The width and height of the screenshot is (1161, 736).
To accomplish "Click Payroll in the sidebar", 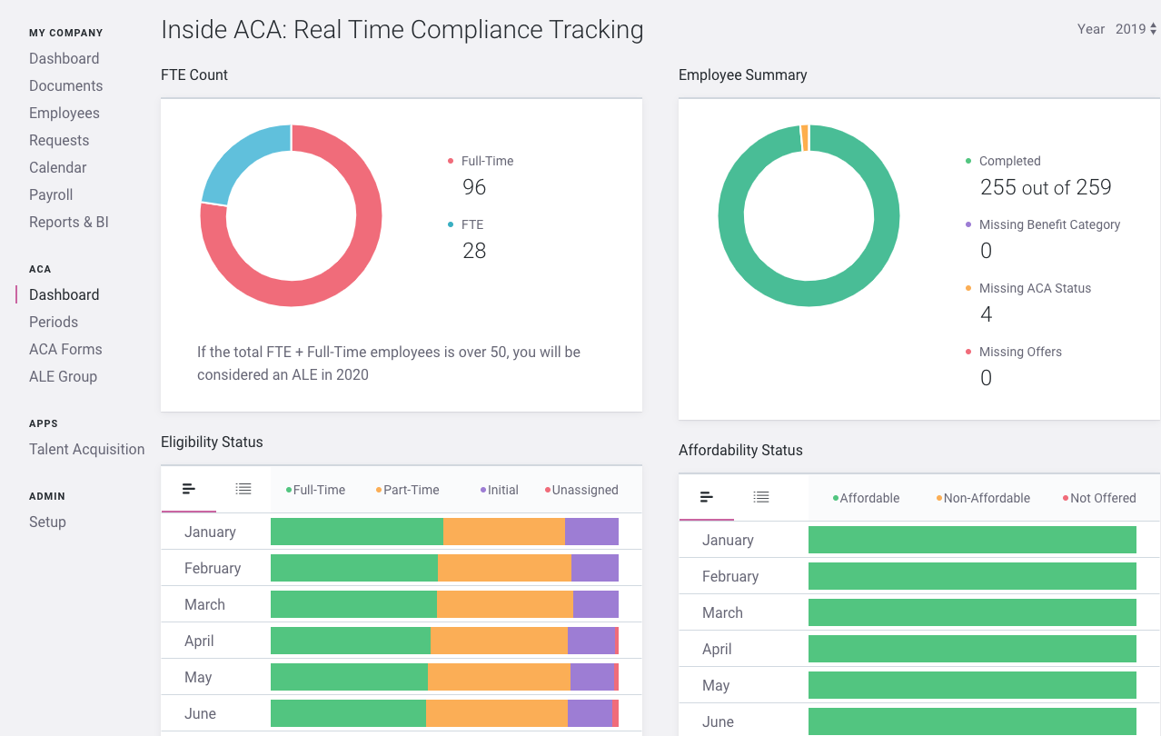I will click(x=51, y=194).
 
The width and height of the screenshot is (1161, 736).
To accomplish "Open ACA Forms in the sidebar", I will click(x=65, y=349).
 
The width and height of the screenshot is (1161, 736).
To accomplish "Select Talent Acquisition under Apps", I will click(x=86, y=449).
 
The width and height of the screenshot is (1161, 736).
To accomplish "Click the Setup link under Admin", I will click(x=47, y=522).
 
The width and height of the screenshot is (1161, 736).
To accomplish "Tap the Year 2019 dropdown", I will click(x=1135, y=29).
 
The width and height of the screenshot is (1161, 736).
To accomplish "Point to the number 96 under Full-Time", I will click(x=474, y=187).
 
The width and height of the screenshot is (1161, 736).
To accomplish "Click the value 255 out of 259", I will click(x=1046, y=187).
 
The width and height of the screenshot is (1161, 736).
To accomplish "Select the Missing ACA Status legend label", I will click(x=1035, y=288).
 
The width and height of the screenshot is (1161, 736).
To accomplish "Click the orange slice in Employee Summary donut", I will click(x=805, y=138).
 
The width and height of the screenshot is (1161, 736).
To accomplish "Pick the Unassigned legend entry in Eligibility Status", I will click(x=584, y=490).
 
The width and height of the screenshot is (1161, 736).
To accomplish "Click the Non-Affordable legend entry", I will click(x=986, y=498).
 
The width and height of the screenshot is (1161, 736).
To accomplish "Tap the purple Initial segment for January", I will click(x=591, y=532).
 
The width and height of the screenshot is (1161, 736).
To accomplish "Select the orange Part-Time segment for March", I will click(x=505, y=604).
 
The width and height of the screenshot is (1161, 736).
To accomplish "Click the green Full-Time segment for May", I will click(x=349, y=677).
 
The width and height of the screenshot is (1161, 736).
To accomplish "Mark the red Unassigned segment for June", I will click(x=615, y=713).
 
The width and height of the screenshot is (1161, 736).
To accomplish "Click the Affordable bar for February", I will click(x=972, y=576).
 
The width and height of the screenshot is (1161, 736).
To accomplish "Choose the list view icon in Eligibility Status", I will click(x=243, y=489).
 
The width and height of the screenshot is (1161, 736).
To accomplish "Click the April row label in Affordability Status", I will click(x=717, y=649).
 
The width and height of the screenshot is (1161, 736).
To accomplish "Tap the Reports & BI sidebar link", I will click(x=69, y=222).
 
